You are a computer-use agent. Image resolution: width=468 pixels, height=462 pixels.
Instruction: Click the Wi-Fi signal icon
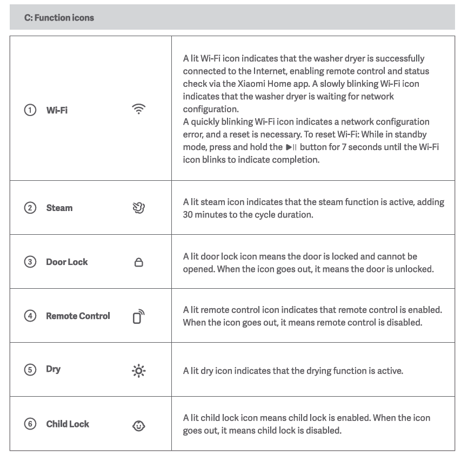pyautogui.click(x=139, y=109)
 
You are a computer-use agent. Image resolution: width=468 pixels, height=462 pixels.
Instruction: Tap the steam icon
pyautogui.click(x=139, y=208)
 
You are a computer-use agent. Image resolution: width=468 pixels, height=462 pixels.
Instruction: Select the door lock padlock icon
pyautogui.click(x=139, y=262)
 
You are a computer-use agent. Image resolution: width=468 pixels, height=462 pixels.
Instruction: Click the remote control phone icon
pyautogui.click(x=139, y=316)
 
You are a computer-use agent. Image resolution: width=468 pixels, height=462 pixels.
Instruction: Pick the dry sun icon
pyautogui.click(x=139, y=371)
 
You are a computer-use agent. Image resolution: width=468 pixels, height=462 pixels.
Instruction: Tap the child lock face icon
pyautogui.click(x=139, y=425)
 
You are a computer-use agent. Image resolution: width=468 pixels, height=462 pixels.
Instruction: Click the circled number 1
pyautogui.click(x=30, y=110)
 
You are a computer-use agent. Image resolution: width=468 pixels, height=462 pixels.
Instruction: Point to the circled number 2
pyautogui.click(x=30, y=208)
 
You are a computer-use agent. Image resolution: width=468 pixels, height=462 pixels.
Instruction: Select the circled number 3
pyautogui.click(x=30, y=262)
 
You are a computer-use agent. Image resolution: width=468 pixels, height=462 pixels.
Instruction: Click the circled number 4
pyautogui.click(x=30, y=316)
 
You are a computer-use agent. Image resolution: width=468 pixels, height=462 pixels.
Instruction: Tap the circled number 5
pyautogui.click(x=30, y=370)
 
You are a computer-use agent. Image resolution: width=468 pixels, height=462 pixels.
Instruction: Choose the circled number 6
pyautogui.click(x=30, y=424)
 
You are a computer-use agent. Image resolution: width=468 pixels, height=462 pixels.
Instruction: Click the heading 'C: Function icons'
pyautogui.click(x=59, y=18)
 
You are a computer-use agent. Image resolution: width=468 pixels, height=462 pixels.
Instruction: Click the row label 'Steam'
pyautogui.click(x=59, y=208)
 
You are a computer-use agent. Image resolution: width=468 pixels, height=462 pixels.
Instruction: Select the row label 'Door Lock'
pyautogui.click(x=67, y=262)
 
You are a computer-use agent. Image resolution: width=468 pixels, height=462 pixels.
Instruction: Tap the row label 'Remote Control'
pyautogui.click(x=78, y=316)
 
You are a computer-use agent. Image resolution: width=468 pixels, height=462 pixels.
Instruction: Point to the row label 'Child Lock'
pyautogui.click(x=68, y=424)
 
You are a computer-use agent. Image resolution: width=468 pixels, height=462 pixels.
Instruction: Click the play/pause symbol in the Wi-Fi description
pyautogui.click(x=291, y=147)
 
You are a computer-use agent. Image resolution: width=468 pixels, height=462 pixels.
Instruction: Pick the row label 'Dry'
pyautogui.click(x=54, y=369)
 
